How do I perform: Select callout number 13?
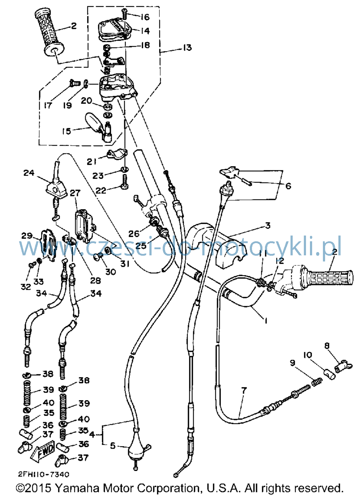[x=187, y=48]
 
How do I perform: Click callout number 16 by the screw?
[x=145, y=17]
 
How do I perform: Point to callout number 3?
[x=268, y=225]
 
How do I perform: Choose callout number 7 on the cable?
[x=244, y=390]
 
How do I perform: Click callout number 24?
[x=29, y=173]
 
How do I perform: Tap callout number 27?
[x=75, y=193]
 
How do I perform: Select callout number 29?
[x=27, y=236]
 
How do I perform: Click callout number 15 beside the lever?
[x=66, y=131]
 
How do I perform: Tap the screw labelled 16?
[x=125, y=15]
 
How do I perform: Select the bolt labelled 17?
[x=75, y=83]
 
